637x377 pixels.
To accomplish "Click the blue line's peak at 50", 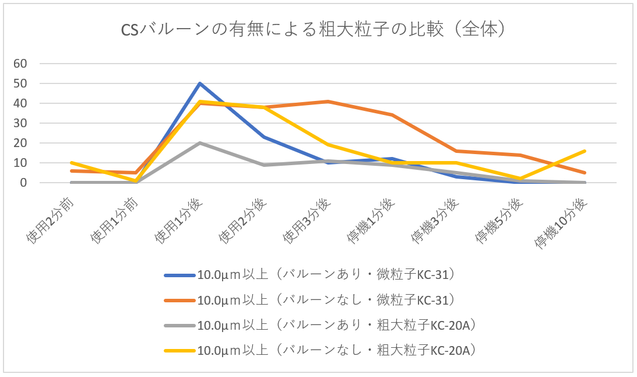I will point(200,83).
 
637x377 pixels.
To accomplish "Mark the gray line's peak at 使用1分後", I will point(200,143).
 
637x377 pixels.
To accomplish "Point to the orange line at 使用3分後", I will point(328,102).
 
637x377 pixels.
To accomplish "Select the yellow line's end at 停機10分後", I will point(585,151).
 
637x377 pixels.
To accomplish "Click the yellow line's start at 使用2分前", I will point(72,163).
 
